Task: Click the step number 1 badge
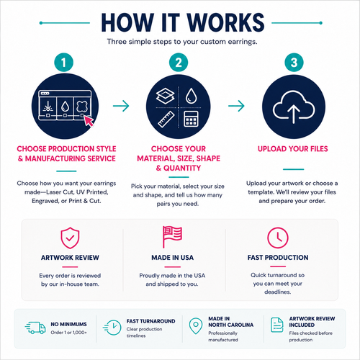[63, 63]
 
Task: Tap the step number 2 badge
[179, 63]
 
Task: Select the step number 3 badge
[294, 63]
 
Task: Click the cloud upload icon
[294, 107]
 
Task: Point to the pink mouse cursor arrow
[89, 121]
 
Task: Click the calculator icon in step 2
[191, 119]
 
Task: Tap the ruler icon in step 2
[166, 120]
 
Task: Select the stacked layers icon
[166, 96]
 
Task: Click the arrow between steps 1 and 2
[121, 106]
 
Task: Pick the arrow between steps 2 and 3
[236, 106]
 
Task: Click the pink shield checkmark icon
[70, 238]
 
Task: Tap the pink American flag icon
[172, 237]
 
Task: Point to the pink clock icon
[278, 238]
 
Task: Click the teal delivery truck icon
[35, 328]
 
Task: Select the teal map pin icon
[196, 326]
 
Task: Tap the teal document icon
[277, 325]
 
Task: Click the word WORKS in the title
[225, 23]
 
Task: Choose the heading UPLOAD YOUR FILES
[293, 149]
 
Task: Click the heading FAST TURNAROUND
[150, 321]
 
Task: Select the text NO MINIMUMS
[68, 324]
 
